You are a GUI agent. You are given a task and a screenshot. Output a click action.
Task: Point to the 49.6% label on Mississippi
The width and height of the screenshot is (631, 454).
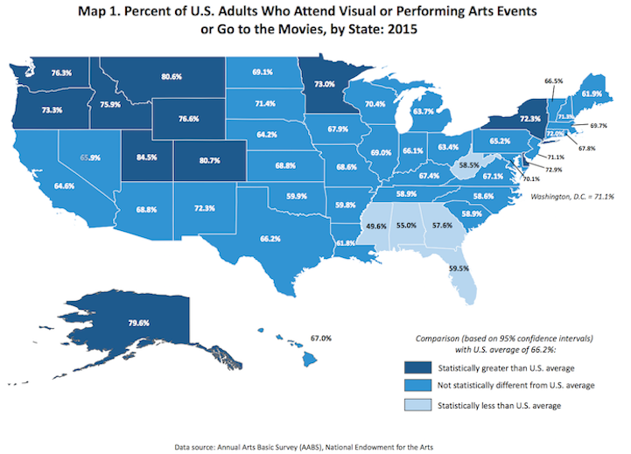[378, 226]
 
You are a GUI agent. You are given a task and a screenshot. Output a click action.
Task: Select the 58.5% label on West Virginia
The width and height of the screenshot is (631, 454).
[471, 164]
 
